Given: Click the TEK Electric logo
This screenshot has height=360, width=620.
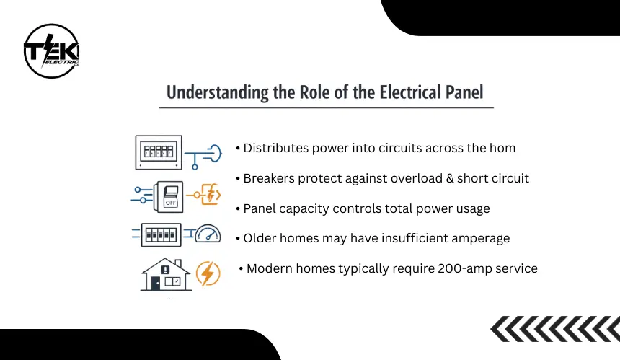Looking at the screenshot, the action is (x=51, y=51).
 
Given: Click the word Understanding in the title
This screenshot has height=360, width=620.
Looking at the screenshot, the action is (x=218, y=92).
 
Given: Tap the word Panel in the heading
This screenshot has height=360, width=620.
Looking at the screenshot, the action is (x=464, y=92).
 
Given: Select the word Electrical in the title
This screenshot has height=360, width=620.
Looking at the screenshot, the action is (x=410, y=92).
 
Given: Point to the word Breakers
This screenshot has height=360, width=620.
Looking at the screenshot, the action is (x=269, y=178).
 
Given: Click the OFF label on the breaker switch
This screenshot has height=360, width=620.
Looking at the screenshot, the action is (x=171, y=203).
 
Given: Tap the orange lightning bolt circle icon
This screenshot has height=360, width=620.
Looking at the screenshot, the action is (x=208, y=273).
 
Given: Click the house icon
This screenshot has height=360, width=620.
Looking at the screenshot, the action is (x=166, y=275).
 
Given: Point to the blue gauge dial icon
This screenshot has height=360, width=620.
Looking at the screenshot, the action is (x=208, y=234).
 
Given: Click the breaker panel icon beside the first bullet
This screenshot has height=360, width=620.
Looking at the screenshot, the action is (x=159, y=152).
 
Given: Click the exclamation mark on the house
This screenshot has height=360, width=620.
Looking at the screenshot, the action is (x=165, y=270).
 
